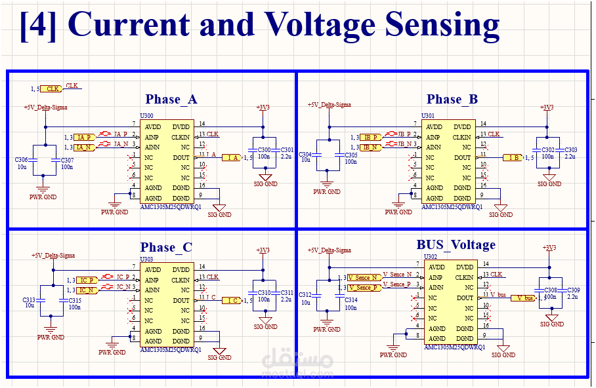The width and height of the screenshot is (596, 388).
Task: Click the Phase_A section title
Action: [x=171, y=100]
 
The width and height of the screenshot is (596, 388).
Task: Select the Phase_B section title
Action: [x=452, y=100]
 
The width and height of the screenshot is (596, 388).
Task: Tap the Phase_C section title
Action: [x=166, y=248]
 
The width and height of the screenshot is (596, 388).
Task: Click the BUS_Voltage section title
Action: [x=456, y=245]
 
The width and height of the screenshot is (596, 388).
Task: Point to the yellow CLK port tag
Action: [x=53, y=88]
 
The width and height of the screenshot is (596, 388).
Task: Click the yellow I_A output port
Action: [x=231, y=157]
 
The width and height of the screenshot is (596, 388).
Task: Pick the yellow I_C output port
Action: [x=230, y=300]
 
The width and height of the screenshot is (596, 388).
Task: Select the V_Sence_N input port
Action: [x=363, y=277]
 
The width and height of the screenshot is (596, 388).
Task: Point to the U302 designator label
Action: [x=431, y=256]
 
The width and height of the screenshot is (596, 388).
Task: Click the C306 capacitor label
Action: [x=21, y=160]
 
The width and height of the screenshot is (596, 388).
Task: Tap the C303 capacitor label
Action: [x=571, y=150]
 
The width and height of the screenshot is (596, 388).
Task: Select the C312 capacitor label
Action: [x=305, y=294]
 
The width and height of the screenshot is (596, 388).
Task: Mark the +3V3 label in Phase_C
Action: [x=263, y=250]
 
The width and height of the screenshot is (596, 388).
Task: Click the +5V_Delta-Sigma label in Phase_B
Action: [x=330, y=105]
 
